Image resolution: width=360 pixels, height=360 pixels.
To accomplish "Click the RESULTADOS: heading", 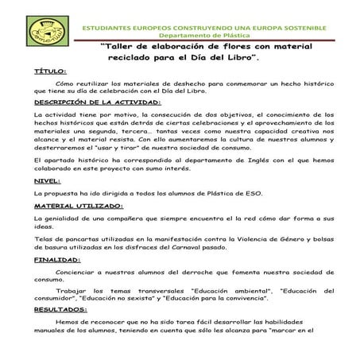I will pyautogui.click(x=61, y=308).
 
